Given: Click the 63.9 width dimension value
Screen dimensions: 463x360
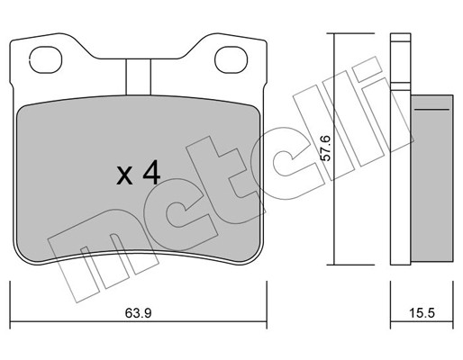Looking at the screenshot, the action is click(139, 313).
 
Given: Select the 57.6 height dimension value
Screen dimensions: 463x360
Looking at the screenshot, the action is click(325, 148).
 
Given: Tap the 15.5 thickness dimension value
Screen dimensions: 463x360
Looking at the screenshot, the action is click(422, 313).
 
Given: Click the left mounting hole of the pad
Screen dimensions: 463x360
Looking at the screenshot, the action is click(46, 59).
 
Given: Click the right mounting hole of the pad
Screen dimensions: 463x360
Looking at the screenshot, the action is click(231, 59).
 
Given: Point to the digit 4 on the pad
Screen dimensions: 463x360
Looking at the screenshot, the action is click(151, 172).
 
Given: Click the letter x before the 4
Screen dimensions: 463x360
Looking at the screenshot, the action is click(124, 176).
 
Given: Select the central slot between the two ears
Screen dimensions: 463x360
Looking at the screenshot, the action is click(138, 77).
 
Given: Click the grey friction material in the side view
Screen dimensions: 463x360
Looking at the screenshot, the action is click(431, 179).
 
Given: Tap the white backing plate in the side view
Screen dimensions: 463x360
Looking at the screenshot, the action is click(400, 177).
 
